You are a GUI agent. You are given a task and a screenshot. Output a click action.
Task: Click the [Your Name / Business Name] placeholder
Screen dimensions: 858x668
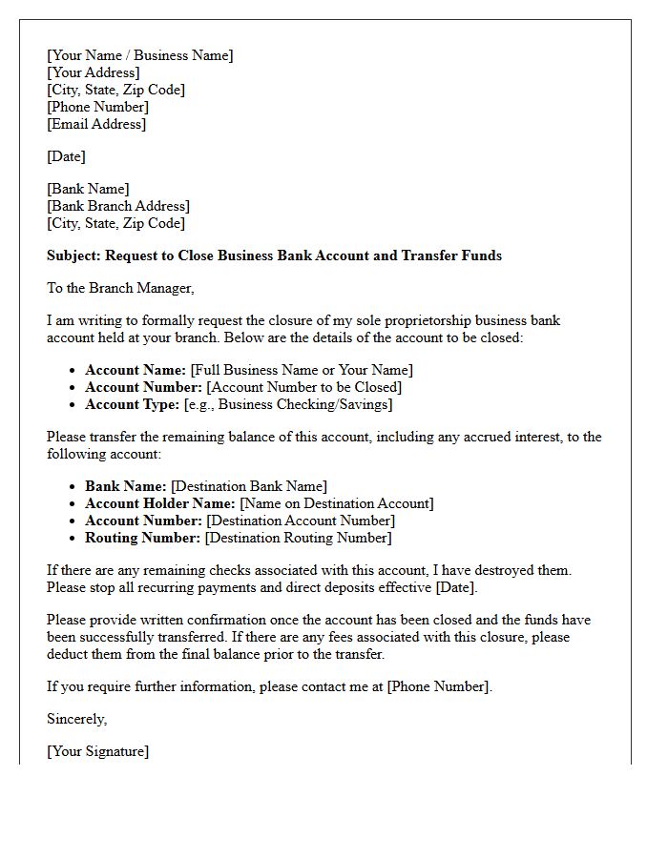[139, 55]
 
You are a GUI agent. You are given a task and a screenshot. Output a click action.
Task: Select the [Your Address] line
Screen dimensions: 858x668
[93, 72]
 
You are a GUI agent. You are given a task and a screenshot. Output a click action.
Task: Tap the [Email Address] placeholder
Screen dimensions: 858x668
[96, 124]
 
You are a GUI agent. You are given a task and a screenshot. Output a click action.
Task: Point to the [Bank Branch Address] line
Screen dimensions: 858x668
[118, 206]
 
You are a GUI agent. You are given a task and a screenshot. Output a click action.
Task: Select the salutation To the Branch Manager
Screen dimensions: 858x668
[120, 288]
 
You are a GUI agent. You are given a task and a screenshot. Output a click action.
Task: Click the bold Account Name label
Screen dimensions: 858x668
[136, 370]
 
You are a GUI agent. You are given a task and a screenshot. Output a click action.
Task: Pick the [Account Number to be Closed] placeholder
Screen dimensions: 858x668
[304, 387]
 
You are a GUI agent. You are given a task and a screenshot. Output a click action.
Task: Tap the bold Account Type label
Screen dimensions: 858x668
[132, 404]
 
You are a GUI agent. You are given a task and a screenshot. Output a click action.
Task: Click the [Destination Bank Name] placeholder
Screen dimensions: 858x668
[248, 486]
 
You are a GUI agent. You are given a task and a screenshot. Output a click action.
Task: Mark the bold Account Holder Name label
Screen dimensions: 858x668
[160, 503]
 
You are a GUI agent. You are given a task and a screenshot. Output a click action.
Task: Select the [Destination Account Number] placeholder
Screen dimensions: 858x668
[301, 521]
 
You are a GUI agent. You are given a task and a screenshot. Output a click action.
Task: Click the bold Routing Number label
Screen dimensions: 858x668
[142, 538]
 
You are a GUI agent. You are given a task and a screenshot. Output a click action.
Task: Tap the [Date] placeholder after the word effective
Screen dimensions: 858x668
[456, 587]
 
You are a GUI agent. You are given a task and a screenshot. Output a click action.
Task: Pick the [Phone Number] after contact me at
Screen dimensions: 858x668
[439, 686]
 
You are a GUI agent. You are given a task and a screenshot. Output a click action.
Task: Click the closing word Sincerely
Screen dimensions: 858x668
[76, 719]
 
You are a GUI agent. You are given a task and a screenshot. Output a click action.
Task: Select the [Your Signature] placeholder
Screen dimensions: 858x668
[97, 751]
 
